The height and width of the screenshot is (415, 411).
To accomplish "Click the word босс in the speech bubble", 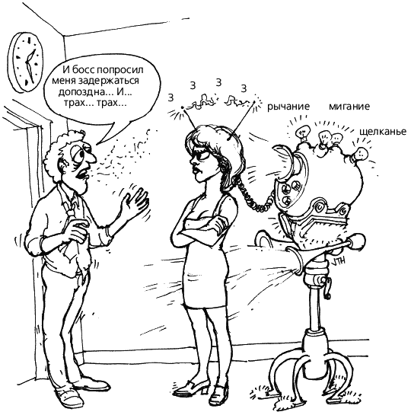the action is (x=84, y=70).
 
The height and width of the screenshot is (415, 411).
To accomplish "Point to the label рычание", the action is (x=288, y=107).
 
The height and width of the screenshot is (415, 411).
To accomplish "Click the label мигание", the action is (x=349, y=107).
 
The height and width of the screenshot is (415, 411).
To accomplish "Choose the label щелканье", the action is (x=383, y=132).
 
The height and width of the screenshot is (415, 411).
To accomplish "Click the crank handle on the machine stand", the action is (x=327, y=286).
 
